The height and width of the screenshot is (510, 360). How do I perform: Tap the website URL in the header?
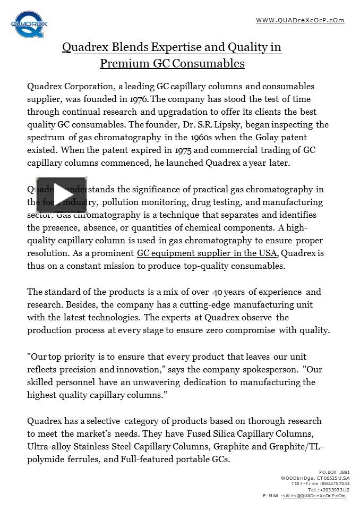coord(300,20)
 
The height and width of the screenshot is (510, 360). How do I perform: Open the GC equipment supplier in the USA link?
coord(207,253)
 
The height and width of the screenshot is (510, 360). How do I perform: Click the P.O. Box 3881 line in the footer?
coord(334,472)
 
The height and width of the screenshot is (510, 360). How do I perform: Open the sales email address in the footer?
coord(313,495)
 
